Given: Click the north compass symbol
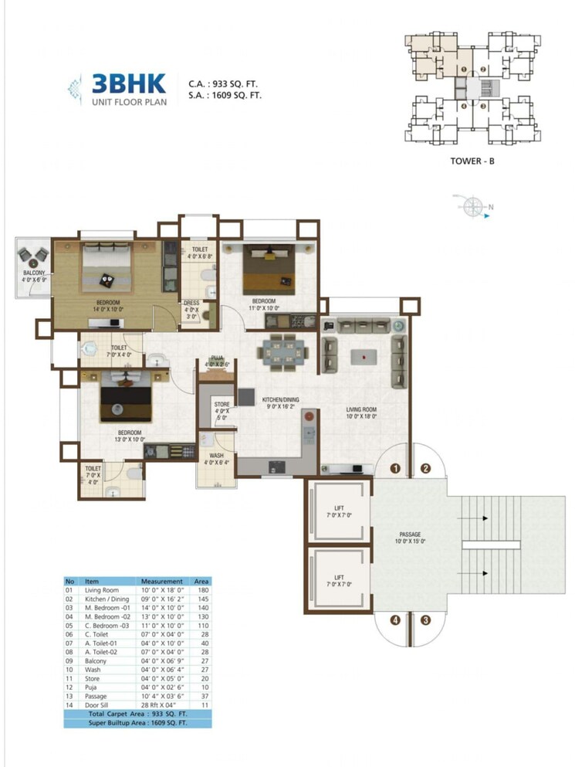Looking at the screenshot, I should pos(472,206).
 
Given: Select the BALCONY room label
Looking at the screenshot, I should pos(33,273).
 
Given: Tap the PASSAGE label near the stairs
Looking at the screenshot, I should pos(409,534).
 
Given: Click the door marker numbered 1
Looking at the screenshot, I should pos(394,468).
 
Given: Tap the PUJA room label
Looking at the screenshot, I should pos(218,358).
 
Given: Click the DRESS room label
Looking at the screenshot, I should pos(191,304).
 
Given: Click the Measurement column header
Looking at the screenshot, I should pos(161,581).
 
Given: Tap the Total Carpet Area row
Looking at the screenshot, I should pos(137,714).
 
